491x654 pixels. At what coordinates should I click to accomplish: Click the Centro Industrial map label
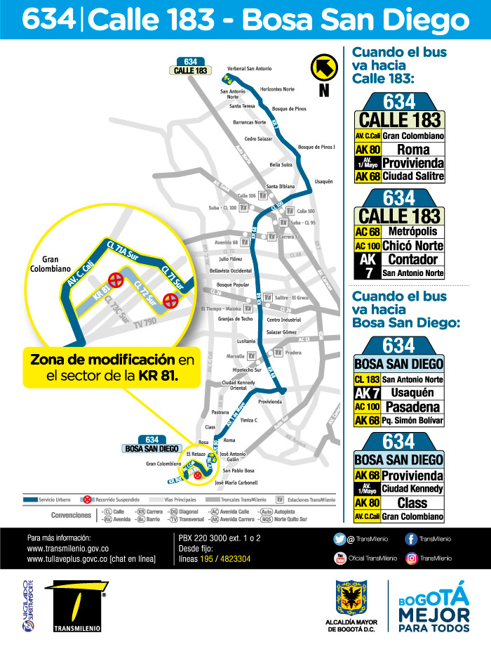(283, 320)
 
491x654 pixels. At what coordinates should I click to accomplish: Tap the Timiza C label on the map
(248, 419)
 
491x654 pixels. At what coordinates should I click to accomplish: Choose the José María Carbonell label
(236, 483)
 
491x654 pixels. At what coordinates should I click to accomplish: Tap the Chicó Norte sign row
(400, 246)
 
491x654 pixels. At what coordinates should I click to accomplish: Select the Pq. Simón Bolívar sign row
(400, 420)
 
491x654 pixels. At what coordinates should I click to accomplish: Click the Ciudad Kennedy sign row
(400, 489)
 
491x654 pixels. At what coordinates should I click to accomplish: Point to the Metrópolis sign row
(400, 231)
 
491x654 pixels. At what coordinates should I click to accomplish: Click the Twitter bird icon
(339, 539)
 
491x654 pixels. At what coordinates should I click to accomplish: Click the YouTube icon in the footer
(339, 558)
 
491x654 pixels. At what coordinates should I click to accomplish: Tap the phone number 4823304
(232, 558)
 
